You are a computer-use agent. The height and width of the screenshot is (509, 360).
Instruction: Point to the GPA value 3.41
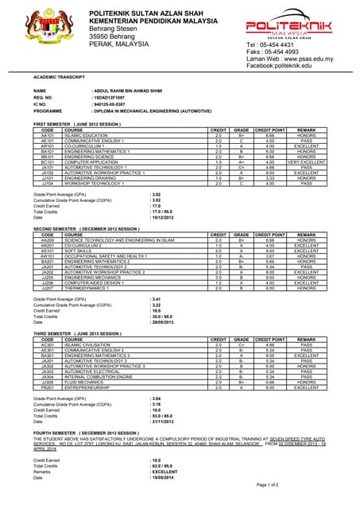156,299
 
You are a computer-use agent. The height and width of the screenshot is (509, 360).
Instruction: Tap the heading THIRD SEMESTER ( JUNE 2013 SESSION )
78,333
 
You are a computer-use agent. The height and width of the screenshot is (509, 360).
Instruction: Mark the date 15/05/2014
163,478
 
